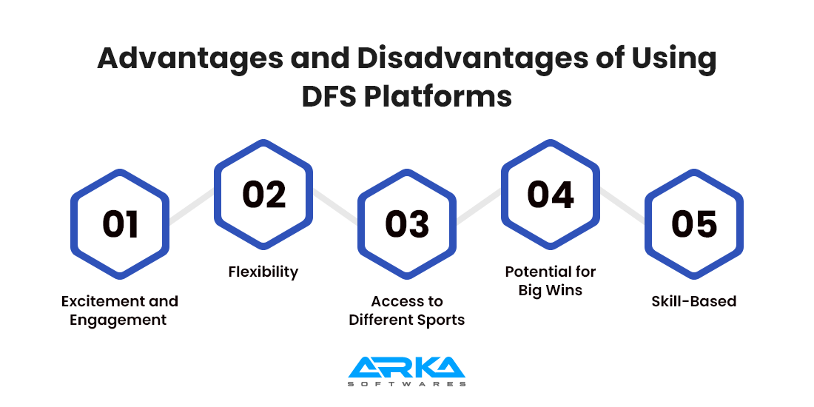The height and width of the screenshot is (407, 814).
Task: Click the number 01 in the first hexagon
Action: (121, 225)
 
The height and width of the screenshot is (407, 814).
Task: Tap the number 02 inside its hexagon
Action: (263, 195)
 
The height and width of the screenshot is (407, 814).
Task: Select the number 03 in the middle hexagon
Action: (407, 225)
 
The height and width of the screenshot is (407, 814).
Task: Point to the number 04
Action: (551, 195)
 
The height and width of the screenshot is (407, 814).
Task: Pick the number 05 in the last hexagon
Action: (694, 225)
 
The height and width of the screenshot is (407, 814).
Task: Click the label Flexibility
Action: (263, 272)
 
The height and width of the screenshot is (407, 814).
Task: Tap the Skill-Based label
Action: (694, 301)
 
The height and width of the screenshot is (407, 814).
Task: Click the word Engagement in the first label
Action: (118, 320)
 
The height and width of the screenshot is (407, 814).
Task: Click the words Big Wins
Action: (551, 290)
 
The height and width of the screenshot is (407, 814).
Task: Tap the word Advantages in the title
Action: (189, 60)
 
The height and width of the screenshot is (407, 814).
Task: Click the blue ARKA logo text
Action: (407, 367)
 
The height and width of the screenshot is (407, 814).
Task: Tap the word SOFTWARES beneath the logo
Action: (407, 384)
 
